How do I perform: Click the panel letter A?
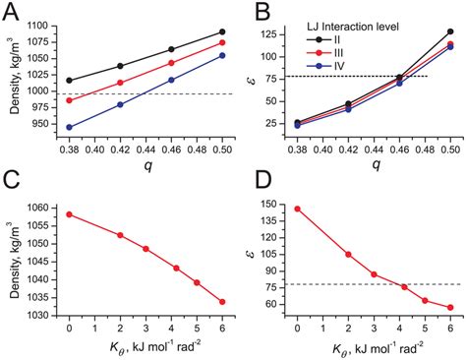point(12,14)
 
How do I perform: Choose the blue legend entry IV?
point(325,72)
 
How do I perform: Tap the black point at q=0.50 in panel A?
point(222,31)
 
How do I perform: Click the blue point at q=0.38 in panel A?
point(68,127)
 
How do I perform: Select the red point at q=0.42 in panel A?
point(120,83)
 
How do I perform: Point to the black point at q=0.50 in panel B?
point(451,31)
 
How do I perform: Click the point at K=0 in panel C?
point(68,213)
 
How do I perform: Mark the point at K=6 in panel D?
point(451,308)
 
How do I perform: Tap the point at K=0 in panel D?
point(297,209)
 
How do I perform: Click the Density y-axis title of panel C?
point(12,258)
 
